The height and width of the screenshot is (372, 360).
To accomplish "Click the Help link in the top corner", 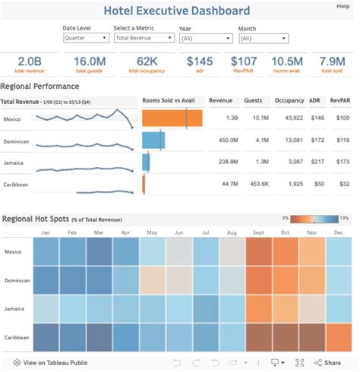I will (343, 6).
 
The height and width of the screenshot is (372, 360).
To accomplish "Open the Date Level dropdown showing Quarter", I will (85, 37).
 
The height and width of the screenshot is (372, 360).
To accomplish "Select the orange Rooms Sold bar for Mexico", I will (172, 118).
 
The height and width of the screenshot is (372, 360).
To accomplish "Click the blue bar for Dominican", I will (153, 140).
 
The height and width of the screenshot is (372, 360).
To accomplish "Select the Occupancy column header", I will (289, 99).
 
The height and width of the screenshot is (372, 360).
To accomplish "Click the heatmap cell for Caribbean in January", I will (46, 336).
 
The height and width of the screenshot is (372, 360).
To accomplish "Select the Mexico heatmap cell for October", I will (285, 251).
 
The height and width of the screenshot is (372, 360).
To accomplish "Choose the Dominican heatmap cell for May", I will (152, 280).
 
